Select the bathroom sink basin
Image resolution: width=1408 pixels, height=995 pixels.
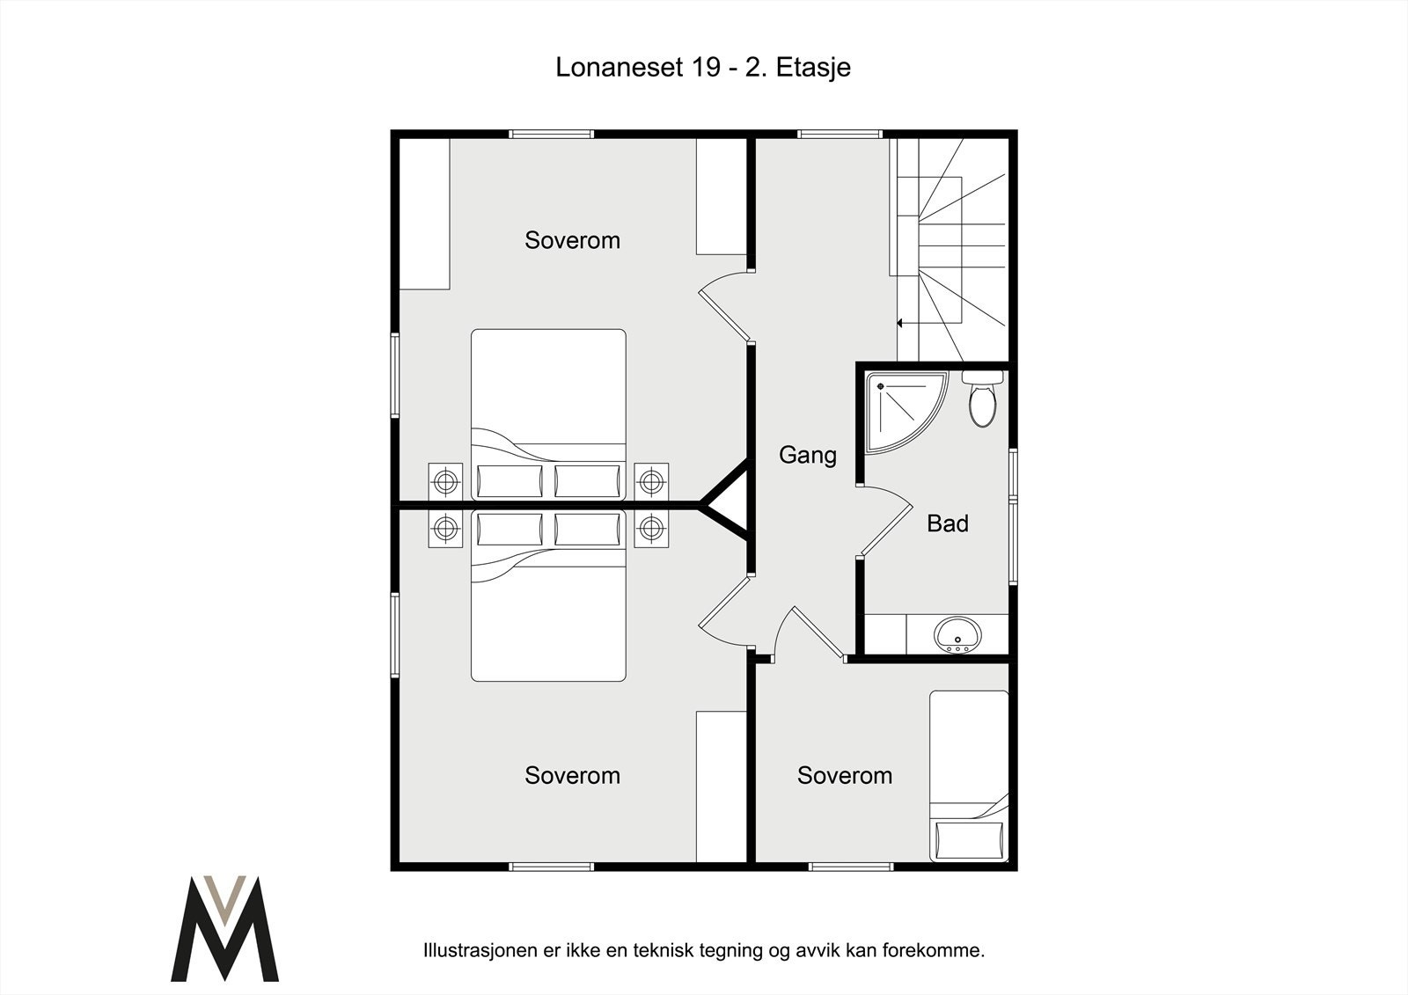[957, 633]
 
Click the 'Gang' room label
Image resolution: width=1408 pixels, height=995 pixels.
[808, 455]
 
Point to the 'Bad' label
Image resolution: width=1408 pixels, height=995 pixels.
[947, 523]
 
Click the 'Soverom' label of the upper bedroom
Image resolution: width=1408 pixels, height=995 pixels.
[572, 240]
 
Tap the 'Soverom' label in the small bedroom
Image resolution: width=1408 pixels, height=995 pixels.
[845, 776]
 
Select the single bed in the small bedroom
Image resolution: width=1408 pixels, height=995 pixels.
[969, 776]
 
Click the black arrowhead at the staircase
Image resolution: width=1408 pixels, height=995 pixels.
[900, 323]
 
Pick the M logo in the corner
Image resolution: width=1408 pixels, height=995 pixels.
[224, 928]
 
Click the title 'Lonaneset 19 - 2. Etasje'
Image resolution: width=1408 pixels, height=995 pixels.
[703, 68]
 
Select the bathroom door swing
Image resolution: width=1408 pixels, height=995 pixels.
[886, 521]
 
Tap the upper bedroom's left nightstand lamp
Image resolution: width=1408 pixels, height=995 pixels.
[445, 481]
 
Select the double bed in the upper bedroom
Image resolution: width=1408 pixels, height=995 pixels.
[549, 414]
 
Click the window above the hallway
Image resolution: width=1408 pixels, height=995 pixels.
[840, 134]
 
